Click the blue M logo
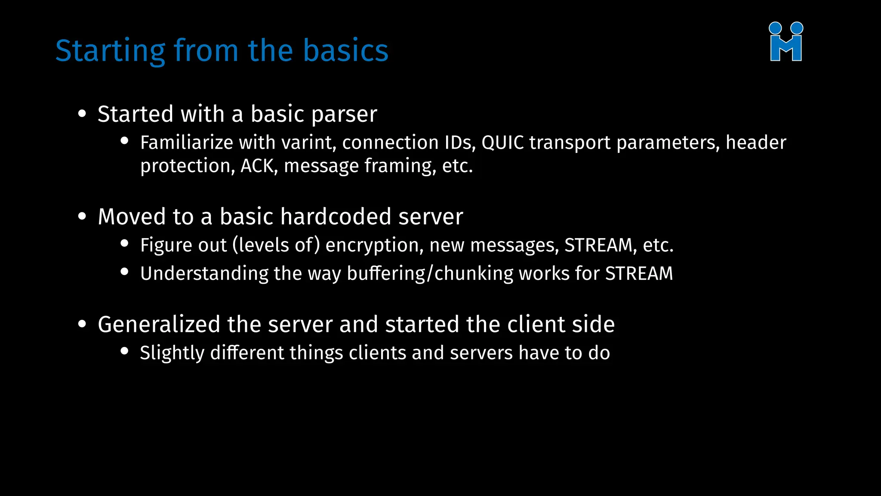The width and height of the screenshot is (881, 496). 786,42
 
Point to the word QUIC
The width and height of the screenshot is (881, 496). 502,143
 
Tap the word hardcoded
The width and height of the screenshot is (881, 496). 336,217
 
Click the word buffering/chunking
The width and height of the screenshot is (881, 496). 430,274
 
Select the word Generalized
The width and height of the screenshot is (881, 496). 159,324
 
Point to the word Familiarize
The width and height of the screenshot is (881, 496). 187,143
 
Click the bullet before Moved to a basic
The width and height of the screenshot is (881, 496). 82,216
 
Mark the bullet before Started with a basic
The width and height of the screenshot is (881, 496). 82,114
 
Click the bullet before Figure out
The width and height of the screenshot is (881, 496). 125,243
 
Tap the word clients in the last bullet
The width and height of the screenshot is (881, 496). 377,353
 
